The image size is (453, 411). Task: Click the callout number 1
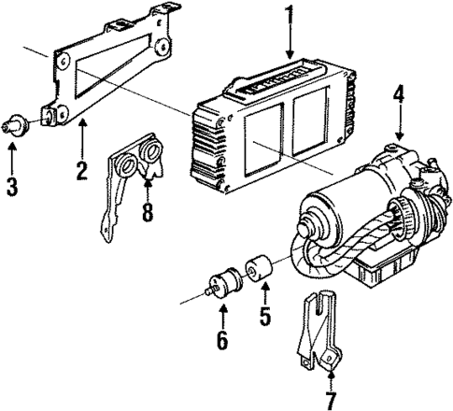pyautogui.click(x=289, y=16)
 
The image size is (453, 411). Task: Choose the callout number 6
pyautogui.click(x=221, y=340)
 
